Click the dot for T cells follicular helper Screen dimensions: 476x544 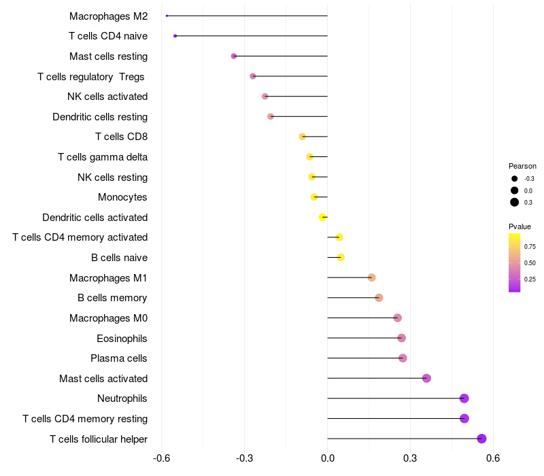tap(481, 439)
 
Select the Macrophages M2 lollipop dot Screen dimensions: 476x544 tap(167, 16)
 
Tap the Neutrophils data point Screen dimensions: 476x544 tap(464, 398)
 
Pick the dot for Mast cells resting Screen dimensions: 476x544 tap(234, 56)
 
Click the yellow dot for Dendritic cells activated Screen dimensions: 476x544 tap(323, 217)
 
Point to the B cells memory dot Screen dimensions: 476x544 tap(379, 298)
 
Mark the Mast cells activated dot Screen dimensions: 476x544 tap(426, 378)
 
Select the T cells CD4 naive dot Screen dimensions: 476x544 tap(175, 35)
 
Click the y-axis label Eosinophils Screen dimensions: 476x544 tap(122, 338)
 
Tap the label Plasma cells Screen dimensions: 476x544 tap(119, 358)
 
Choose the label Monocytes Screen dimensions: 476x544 tap(122, 197)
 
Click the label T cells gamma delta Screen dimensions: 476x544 tap(103, 157)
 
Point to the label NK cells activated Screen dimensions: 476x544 tap(107, 97)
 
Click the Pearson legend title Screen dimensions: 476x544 tap(522, 166)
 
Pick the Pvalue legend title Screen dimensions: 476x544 tap(520, 226)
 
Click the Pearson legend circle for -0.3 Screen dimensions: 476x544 tap(515, 178)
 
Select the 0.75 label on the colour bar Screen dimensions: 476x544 tap(530, 246)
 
